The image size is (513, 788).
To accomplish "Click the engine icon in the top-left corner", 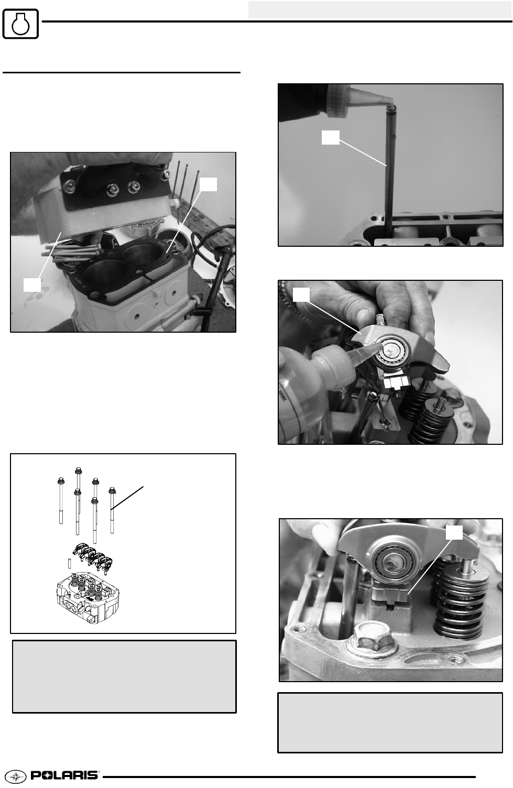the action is coord(20,24).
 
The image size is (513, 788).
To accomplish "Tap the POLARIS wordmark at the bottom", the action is coord(65,775).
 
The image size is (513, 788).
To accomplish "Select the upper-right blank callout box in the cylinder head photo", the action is coord(208,184).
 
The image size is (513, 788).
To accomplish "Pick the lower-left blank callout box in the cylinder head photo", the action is coord(32,284).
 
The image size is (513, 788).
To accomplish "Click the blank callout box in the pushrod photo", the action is coord(331,138).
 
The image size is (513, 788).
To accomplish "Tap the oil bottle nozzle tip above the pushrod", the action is coord(390,102).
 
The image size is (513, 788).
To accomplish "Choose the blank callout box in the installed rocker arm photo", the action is coord(454,532).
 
